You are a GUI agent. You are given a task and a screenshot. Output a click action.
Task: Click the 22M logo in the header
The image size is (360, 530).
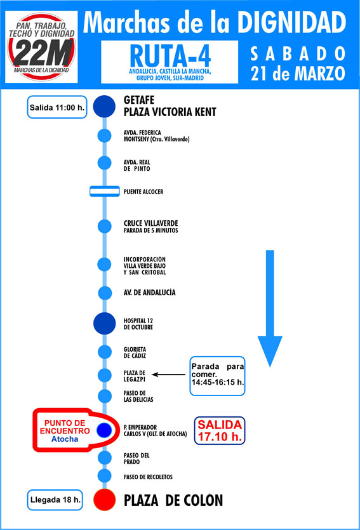pyautogui.click(x=41, y=46)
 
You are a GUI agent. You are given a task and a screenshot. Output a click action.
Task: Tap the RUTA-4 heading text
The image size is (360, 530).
pyautogui.click(x=170, y=56)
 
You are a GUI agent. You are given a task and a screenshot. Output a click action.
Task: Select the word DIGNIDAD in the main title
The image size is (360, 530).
pyautogui.click(x=291, y=22)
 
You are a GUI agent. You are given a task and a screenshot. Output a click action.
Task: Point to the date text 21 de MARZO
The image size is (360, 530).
pyautogui.click(x=298, y=74)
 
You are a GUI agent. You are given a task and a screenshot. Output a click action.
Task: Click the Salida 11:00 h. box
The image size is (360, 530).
pyautogui.click(x=57, y=107)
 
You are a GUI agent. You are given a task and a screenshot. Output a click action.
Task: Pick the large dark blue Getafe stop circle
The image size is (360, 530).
pyautogui.click(x=105, y=106)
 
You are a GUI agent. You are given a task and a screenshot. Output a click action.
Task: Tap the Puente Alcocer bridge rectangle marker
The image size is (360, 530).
pyautogui.click(x=105, y=191)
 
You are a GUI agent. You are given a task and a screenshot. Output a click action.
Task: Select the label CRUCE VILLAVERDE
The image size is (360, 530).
pyautogui.click(x=150, y=223)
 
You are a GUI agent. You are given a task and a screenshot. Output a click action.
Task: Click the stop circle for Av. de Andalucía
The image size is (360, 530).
pyautogui.click(x=105, y=293)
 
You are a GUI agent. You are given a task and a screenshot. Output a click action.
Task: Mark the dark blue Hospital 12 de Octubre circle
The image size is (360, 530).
pyautogui.click(x=105, y=324)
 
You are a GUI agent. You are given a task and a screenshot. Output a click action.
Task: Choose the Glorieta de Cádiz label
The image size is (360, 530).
pyautogui.click(x=135, y=352)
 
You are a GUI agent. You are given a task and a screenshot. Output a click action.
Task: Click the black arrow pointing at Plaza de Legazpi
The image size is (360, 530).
pyautogui.click(x=168, y=374)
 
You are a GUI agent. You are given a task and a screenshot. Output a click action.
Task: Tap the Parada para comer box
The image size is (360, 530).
pyautogui.click(x=217, y=376)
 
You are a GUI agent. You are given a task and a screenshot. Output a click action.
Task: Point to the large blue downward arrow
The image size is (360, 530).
pyautogui.click(x=270, y=308)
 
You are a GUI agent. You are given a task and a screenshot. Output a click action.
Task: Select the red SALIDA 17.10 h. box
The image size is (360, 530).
pyautogui.click(x=220, y=430)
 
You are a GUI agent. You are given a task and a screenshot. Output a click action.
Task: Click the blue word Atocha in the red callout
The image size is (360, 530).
pyautogui.click(x=65, y=439)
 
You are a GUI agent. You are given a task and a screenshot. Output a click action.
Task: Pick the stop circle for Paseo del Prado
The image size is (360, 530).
pyautogui.click(x=105, y=458)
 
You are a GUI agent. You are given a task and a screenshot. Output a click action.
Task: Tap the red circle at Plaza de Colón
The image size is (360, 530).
pyautogui.click(x=105, y=500)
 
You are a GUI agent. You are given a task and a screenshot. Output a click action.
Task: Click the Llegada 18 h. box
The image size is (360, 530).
pyautogui.click(x=55, y=500)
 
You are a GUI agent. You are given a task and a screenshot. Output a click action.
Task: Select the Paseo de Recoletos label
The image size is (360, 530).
pyautogui.click(x=148, y=477)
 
